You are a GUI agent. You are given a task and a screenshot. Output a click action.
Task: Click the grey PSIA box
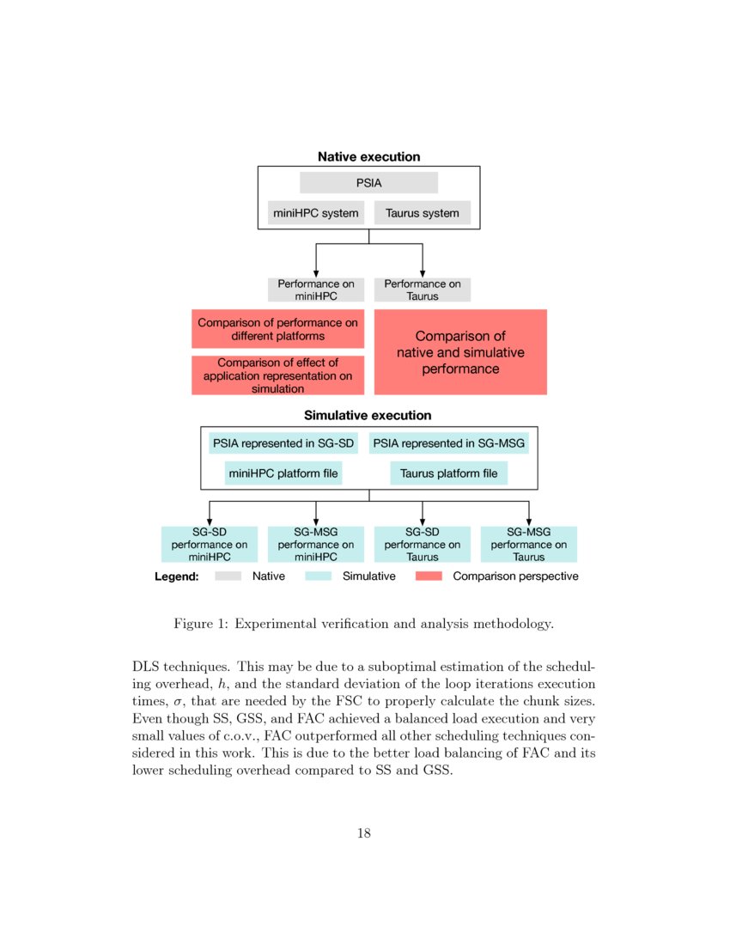point(368,183)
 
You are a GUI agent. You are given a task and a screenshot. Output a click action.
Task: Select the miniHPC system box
point(316,213)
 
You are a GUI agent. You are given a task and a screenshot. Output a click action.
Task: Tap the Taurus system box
point(422,213)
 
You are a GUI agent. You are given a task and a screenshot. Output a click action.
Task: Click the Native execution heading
point(368,157)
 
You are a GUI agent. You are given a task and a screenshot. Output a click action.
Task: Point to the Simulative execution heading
point(368,416)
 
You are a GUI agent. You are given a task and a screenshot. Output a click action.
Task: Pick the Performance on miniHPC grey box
point(316,290)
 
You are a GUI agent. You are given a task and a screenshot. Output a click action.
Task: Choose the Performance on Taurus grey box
point(422,290)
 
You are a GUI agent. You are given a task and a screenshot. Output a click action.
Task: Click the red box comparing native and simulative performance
point(460,352)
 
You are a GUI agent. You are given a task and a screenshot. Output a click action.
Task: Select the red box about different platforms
point(277,329)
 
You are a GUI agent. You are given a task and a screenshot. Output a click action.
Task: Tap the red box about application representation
point(277,375)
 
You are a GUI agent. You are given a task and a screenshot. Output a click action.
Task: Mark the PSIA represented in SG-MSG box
point(450,444)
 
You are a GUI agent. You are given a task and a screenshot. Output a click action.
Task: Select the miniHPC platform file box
point(283,473)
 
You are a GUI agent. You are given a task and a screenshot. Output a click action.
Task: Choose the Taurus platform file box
point(448,473)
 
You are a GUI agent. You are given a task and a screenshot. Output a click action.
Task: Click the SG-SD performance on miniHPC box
point(210,544)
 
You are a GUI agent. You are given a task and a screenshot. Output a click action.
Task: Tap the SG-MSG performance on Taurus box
point(528,544)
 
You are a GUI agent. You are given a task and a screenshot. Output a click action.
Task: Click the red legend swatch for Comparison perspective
point(428,576)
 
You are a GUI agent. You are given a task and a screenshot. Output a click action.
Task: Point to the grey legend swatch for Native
point(228,576)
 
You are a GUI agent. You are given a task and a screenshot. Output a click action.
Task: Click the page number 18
point(364,832)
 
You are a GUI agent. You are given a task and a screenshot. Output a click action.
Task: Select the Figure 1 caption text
point(363,624)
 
